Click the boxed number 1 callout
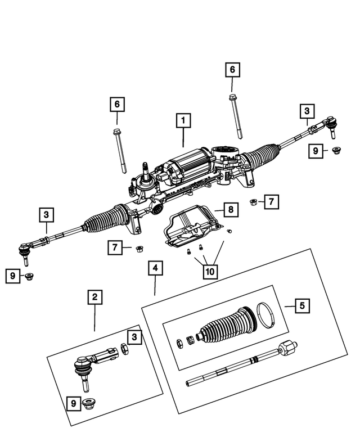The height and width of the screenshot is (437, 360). (x=183, y=120)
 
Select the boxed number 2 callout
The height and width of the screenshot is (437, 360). (x=94, y=296)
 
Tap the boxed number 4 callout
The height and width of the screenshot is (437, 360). (x=155, y=268)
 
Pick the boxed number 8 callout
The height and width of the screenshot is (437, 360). (x=230, y=210)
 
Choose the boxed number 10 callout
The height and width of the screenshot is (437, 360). (x=210, y=271)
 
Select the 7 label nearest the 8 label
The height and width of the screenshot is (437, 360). (x=271, y=201)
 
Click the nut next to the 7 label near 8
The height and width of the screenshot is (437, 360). (x=254, y=202)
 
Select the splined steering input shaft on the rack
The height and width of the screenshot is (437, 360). (x=145, y=169)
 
